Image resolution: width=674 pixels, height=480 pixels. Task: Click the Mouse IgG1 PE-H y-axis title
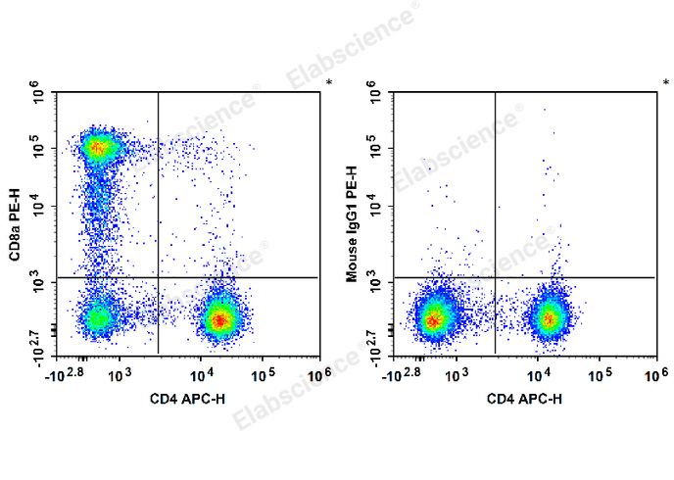352,224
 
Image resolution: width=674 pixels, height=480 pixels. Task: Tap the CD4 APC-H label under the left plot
187,399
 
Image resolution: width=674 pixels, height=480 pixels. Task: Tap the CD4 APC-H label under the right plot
524,399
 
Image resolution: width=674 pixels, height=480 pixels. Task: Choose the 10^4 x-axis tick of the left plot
202,373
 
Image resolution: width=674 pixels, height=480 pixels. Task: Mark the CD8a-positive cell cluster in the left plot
97,148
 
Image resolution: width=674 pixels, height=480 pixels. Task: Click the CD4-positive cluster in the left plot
221,318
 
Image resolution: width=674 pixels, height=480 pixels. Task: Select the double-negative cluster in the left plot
97,317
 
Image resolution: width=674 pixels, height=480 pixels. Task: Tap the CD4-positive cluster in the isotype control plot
550,317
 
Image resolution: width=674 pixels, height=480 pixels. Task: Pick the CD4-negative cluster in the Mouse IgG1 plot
433,317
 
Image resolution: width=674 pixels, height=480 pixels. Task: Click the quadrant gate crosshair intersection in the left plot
158,277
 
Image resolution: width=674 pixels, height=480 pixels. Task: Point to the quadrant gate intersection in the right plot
495,277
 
